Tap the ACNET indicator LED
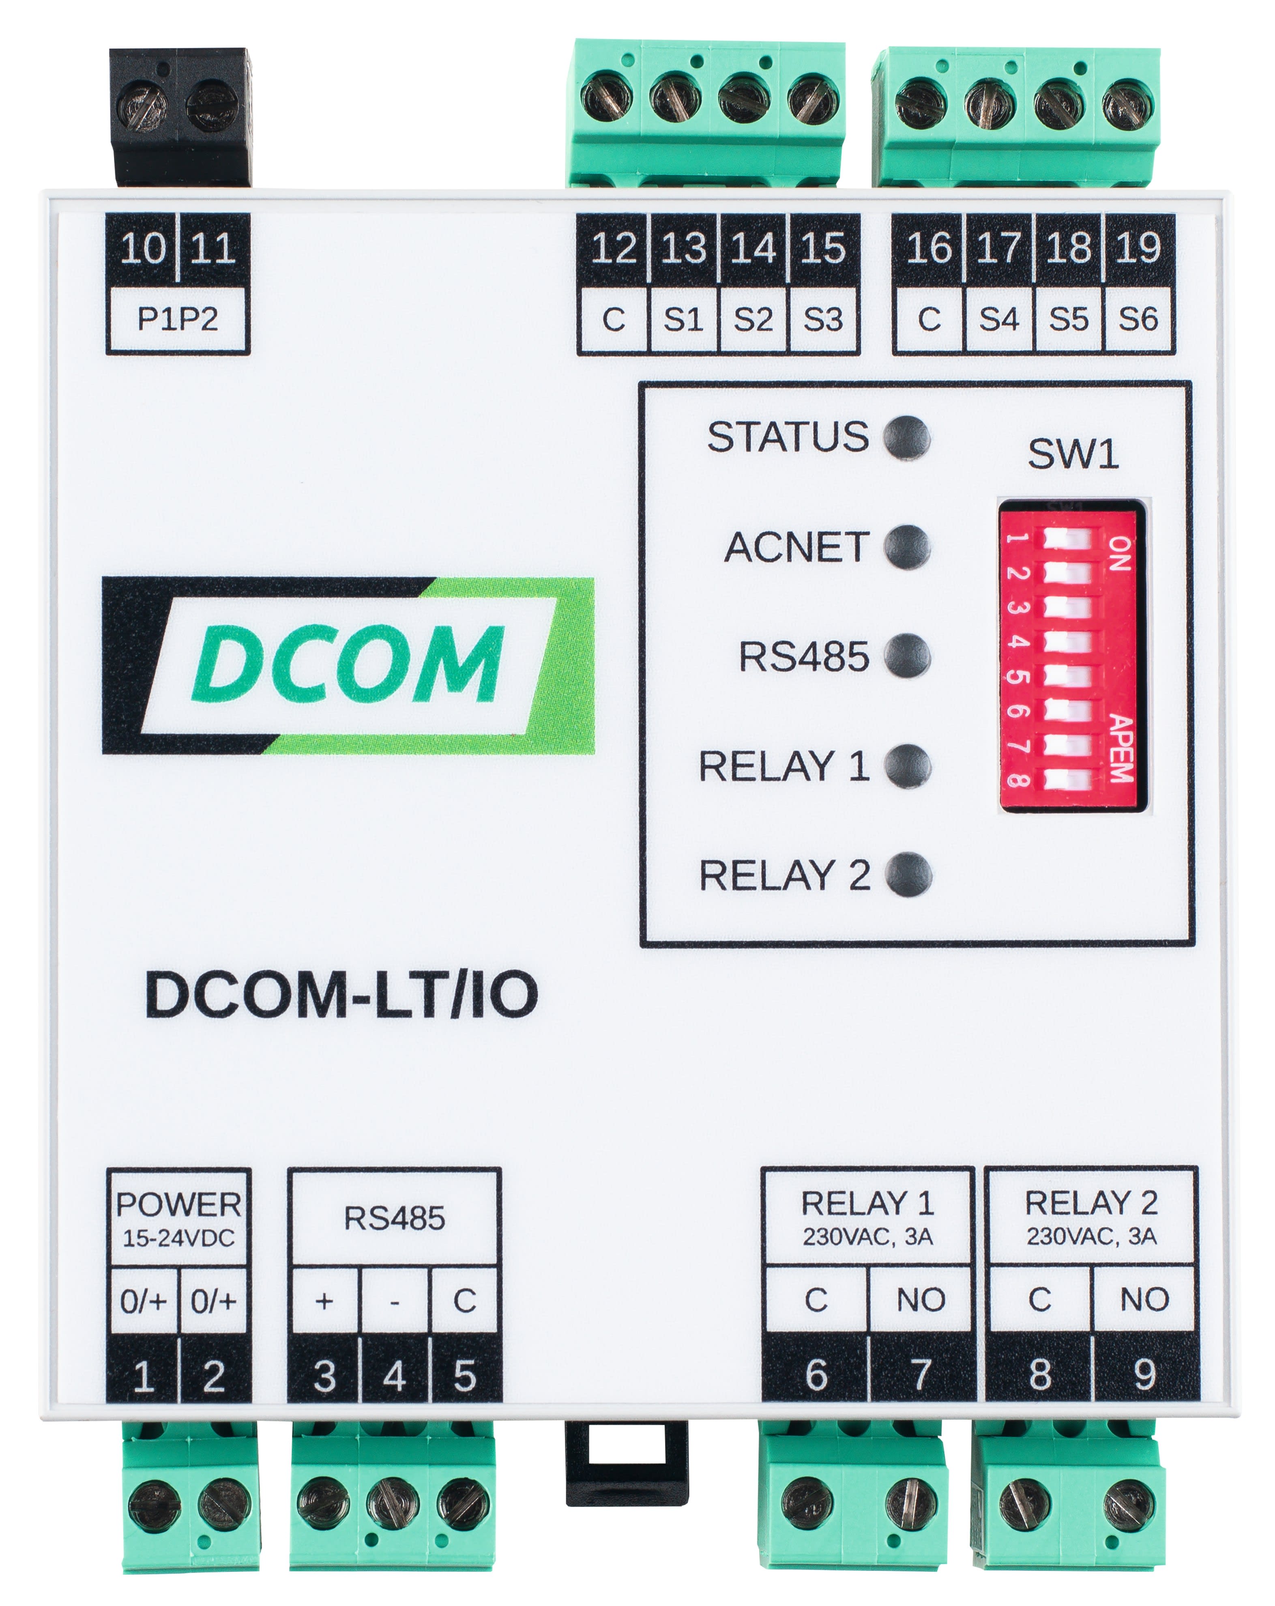tap(907, 547)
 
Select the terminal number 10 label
tap(143, 248)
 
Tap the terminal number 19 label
tap(1138, 248)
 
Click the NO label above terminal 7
tap(921, 1300)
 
